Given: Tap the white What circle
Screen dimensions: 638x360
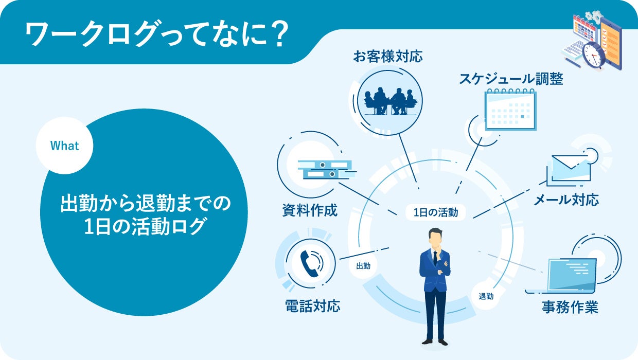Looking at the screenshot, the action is (x=64, y=146).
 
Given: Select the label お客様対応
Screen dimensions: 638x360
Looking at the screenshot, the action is (x=387, y=56).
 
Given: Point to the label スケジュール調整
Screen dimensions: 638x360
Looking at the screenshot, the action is (x=511, y=79).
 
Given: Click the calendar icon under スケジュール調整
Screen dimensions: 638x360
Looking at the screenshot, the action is (x=511, y=109).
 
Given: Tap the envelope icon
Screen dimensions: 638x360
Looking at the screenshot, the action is (x=569, y=168).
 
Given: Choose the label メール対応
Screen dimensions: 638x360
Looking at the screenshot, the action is (x=566, y=200).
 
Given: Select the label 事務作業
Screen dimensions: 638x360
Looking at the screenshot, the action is (x=570, y=308).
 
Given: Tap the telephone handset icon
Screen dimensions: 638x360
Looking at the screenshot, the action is (x=309, y=262).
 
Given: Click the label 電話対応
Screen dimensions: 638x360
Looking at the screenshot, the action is (x=312, y=307).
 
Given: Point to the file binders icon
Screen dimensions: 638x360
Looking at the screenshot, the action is (x=325, y=169).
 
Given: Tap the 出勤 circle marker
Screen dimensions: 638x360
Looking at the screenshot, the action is (x=363, y=266).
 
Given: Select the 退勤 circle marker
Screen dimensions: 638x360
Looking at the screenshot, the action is (x=486, y=296).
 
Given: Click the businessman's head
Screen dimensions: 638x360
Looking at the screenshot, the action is (x=435, y=239).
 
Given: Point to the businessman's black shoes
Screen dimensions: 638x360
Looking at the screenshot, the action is (x=435, y=341).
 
